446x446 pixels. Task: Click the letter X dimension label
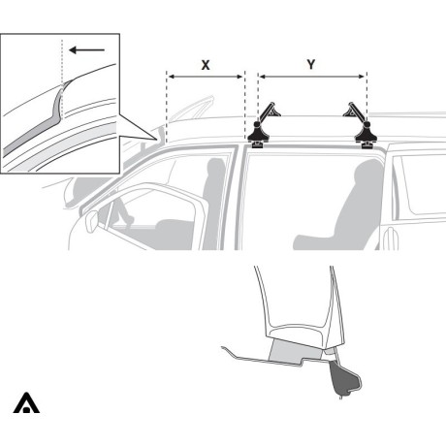(206, 64)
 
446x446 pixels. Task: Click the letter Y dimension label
(310, 64)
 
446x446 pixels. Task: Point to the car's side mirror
(92, 220)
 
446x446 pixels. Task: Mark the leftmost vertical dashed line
(167, 107)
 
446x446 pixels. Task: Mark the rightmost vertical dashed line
(366, 97)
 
